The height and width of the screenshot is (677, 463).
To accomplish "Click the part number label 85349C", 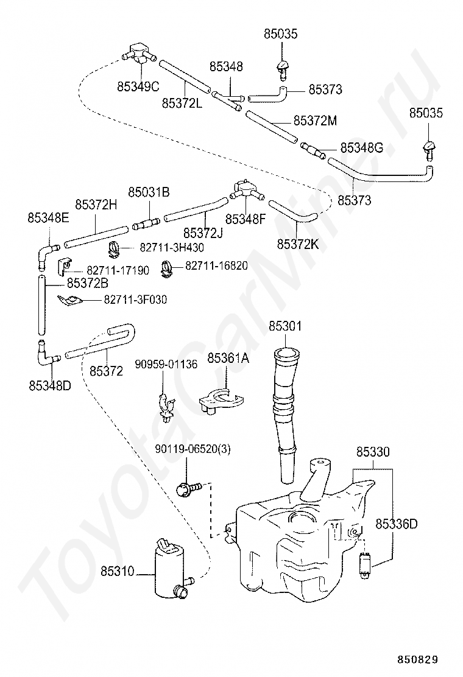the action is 138,86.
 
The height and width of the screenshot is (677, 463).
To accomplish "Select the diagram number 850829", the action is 418,659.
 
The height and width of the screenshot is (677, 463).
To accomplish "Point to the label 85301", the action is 285,326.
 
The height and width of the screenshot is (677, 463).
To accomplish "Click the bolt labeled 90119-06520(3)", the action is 189,488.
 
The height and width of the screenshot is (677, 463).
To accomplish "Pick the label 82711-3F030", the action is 135,300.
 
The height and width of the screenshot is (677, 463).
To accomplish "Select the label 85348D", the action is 50,385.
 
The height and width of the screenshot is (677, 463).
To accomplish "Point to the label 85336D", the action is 397,524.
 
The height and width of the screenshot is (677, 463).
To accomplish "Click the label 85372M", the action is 316,121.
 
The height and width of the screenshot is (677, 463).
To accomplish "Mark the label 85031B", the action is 149,192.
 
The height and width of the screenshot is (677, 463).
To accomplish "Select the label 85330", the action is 373,452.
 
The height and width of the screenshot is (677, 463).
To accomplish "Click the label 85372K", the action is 297,244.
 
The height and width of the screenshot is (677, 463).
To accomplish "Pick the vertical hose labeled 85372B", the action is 41,305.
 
